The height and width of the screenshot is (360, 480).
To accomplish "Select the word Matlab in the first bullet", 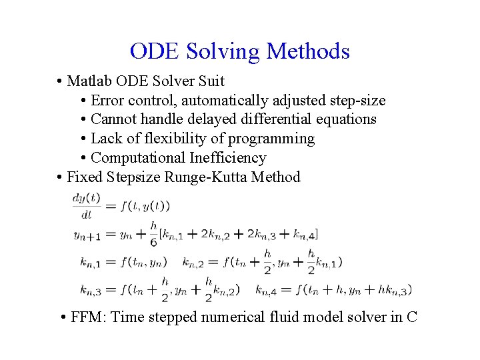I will click(x=90, y=81).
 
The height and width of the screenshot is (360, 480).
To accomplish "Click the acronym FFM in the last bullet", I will click(x=87, y=317).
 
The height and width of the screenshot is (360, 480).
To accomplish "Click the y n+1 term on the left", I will click(x=87, y=235).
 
